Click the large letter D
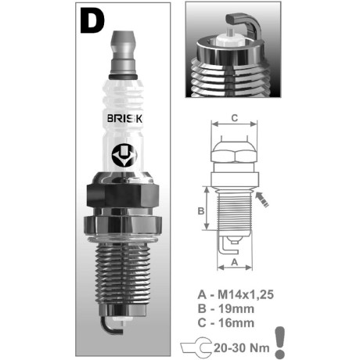point(92,20)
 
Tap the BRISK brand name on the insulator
point(124,119)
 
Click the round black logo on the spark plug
point(124,156)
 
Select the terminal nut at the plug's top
point(124,52)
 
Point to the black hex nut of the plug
point(123,196)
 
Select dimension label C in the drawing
point(235,118)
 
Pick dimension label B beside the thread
point(201,211)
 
